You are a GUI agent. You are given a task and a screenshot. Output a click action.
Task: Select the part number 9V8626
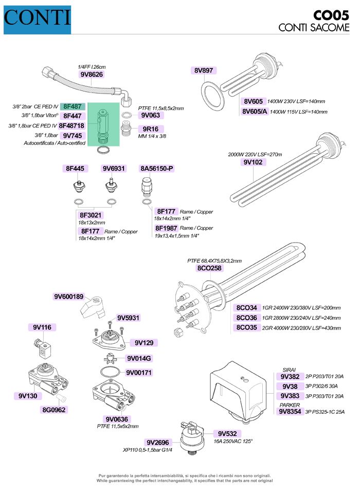point(92,74)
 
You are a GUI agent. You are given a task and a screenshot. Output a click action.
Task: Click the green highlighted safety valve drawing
point(102,124)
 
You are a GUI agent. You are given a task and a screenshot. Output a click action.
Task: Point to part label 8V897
point(204,70)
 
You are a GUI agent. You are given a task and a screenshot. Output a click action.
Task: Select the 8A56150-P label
point(157,169)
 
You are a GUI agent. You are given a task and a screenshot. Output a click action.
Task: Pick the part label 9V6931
point(114,169)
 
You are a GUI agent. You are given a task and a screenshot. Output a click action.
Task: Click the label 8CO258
point(209,268)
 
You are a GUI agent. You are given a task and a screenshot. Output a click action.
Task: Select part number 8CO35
point(247,327)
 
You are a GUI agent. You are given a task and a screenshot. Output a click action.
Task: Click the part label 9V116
point(44,327)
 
